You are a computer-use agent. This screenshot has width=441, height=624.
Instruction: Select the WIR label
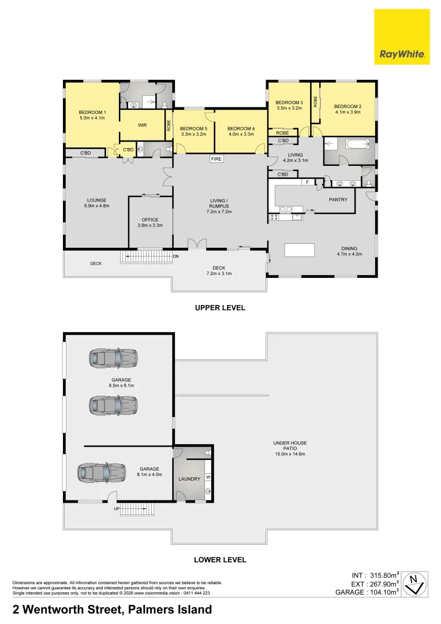(x=142, y=125)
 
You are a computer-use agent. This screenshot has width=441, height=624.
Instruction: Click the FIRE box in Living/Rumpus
(x=216, y=159)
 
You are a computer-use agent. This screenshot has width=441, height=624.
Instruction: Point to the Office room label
(x=150, y=220)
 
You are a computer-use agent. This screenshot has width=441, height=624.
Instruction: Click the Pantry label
(x=338, y=199)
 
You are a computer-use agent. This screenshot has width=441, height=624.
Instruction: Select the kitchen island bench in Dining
(x=299, y=250)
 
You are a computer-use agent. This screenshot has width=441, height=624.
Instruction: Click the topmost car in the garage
(x=113, y=358)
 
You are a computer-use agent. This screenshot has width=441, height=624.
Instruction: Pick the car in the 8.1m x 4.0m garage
(x=103, y=473)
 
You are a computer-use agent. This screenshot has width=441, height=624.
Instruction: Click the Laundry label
(x=189, y=478)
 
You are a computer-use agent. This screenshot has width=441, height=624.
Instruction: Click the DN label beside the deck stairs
(x=176, y=256)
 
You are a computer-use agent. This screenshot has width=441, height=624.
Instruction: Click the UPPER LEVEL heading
(x=220, y=308)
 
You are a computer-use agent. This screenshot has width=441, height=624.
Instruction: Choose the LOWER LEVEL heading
(x=220, y=560)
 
